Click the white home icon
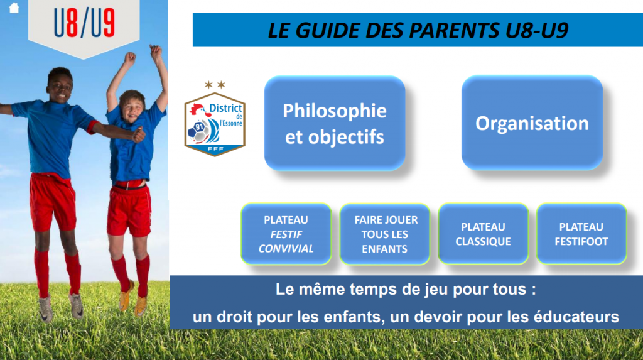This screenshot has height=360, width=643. [x=14, y=8]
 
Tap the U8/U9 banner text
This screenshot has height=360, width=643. [x=84, y=23]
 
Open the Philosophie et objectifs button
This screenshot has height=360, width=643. [x=335, y=123]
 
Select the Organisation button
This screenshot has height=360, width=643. [x=532, y=123]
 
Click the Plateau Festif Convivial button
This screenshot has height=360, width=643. [x=286, y=234]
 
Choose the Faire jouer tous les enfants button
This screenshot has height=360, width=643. [x=385, y=234]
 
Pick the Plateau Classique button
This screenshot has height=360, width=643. [x=483, y=234]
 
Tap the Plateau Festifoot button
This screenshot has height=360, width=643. [x=581, y=234]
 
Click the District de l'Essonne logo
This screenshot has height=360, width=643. [x=215, y=124]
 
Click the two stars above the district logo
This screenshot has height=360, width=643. [x=215, y=85]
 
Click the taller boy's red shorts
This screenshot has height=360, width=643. [x=53, y=201]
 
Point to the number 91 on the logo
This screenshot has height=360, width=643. [x=199, y=127]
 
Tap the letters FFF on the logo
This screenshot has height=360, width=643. [x=216, y=149]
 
